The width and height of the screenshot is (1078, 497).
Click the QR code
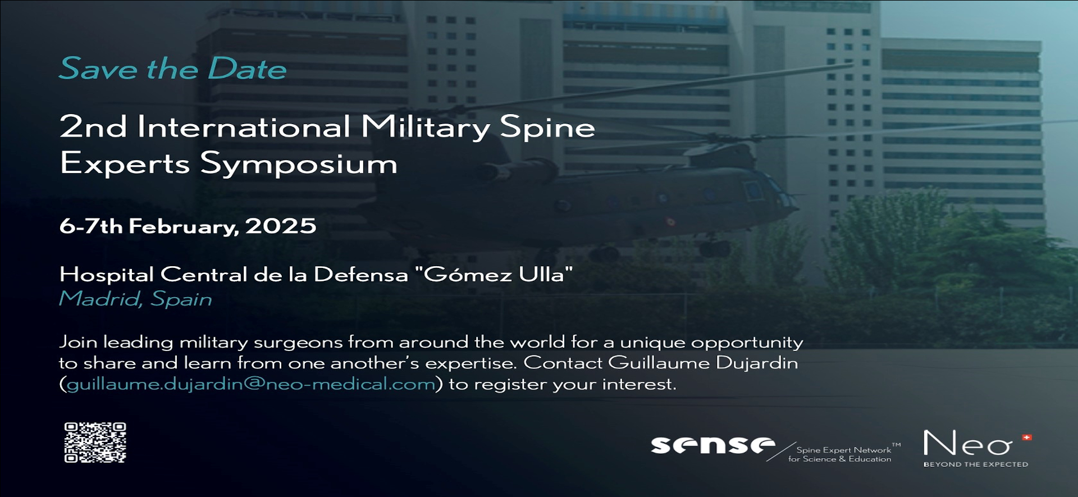[x=95, y=443]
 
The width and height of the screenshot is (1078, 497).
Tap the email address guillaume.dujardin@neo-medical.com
[x=251, y=384]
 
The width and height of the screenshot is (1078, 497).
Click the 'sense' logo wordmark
[x=712, y=445]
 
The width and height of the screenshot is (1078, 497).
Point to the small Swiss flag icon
[x=1027, y=437]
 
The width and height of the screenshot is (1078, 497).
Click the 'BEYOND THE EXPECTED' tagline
[x=976, y=464]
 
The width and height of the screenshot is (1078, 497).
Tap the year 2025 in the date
[x=281, y=226]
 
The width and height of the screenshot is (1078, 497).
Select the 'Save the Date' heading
[x=173, y=69]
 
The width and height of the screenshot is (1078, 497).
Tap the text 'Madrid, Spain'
[x=136, y=299]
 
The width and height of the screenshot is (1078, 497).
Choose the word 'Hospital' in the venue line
[x=107, y=275]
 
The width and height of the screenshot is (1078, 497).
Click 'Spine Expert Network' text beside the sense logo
[x=844, y=450]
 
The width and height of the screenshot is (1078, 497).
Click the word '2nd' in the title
[x=93, y=126]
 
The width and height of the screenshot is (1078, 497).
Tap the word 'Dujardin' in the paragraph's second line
[x=757, y=363]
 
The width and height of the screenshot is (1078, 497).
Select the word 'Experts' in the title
[x=125, y=163]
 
